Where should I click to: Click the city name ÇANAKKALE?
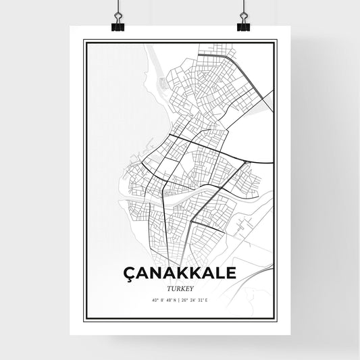click(180, 273)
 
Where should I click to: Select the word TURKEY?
click(180, 286)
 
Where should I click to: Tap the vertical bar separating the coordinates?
click(180, 299)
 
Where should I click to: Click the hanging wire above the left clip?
click(115, 8)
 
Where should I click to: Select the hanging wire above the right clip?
click(243, 8)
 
